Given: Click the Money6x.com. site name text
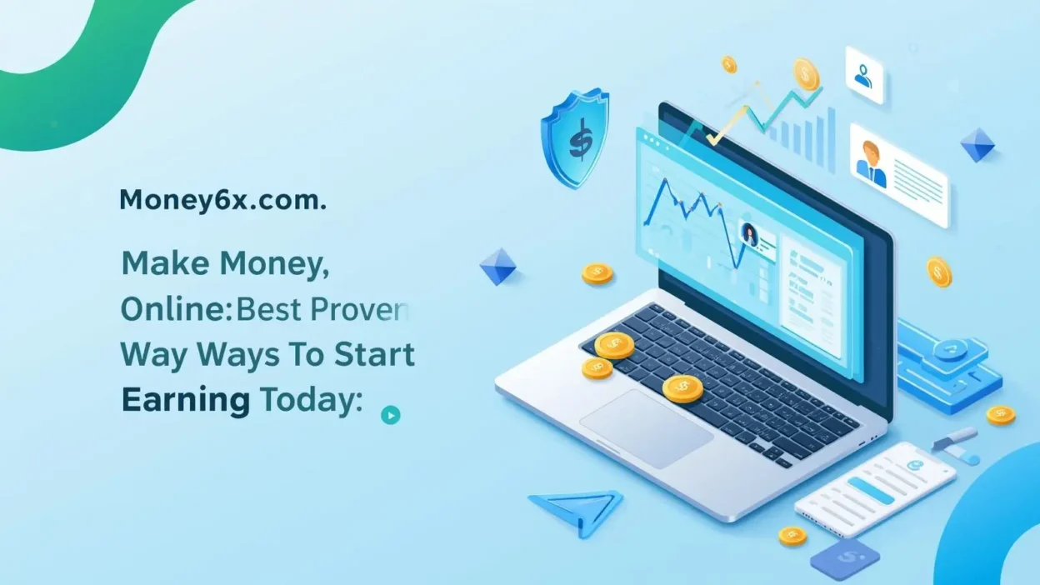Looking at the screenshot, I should pos(222,200).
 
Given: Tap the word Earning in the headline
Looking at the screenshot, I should pos(185,401).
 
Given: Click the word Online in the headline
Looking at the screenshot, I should pos(172,310).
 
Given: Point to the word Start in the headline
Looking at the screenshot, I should pos(374,355).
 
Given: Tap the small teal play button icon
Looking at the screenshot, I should pos(390,414).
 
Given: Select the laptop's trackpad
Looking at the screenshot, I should pos(646,428).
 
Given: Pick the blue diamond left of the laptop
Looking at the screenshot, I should pos(498,267).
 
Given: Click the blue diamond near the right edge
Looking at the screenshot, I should pos(977,145).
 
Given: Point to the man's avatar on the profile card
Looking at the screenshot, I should pos(872,162).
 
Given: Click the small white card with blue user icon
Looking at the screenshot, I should pos(864,75).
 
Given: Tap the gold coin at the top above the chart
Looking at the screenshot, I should pos(806,73).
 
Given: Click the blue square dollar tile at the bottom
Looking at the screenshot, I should pos(845,557).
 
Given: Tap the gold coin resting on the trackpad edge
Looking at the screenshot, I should pos(683,387).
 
